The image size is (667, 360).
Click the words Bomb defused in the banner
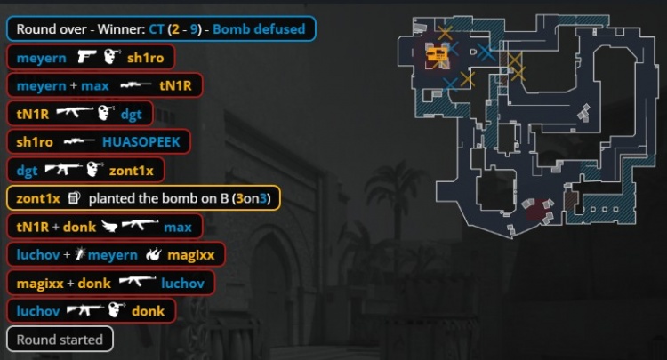coord(259,29)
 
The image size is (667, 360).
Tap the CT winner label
coord(157,29)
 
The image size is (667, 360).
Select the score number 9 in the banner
coord(195,29)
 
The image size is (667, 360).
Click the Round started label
coord(60,340)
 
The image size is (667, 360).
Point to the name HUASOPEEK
coord(141,142)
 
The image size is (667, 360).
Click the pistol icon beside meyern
coord(86,57)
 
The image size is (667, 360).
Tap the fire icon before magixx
coord(154,254)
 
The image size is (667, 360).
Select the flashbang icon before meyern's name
coord(80,254)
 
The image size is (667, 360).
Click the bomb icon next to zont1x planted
coord(74,198)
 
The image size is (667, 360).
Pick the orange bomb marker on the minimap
coord(437,54)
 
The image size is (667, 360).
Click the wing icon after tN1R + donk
coord(109,226)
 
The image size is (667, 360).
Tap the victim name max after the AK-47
coord(178,227)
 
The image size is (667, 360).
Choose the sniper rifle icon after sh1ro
coord(79,141)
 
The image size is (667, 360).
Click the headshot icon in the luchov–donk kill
coord(117,310)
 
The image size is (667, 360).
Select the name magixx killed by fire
coord(190,255)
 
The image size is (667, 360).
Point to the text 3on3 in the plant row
coord(251,198)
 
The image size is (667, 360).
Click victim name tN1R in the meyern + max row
coord(175,86)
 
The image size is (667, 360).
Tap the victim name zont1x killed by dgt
coord(131,171)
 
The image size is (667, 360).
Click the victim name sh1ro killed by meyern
coord(146,58)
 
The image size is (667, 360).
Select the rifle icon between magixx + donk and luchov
coord(137,282)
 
